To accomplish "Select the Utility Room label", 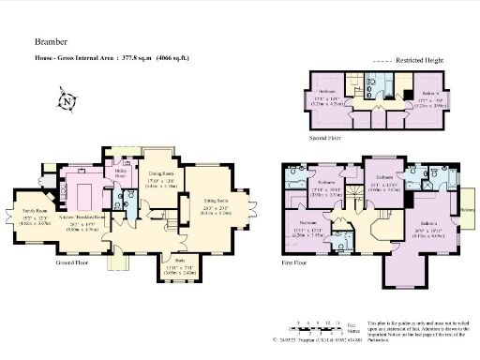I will pos(121,173).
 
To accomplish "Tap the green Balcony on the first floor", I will pos(465,210).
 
